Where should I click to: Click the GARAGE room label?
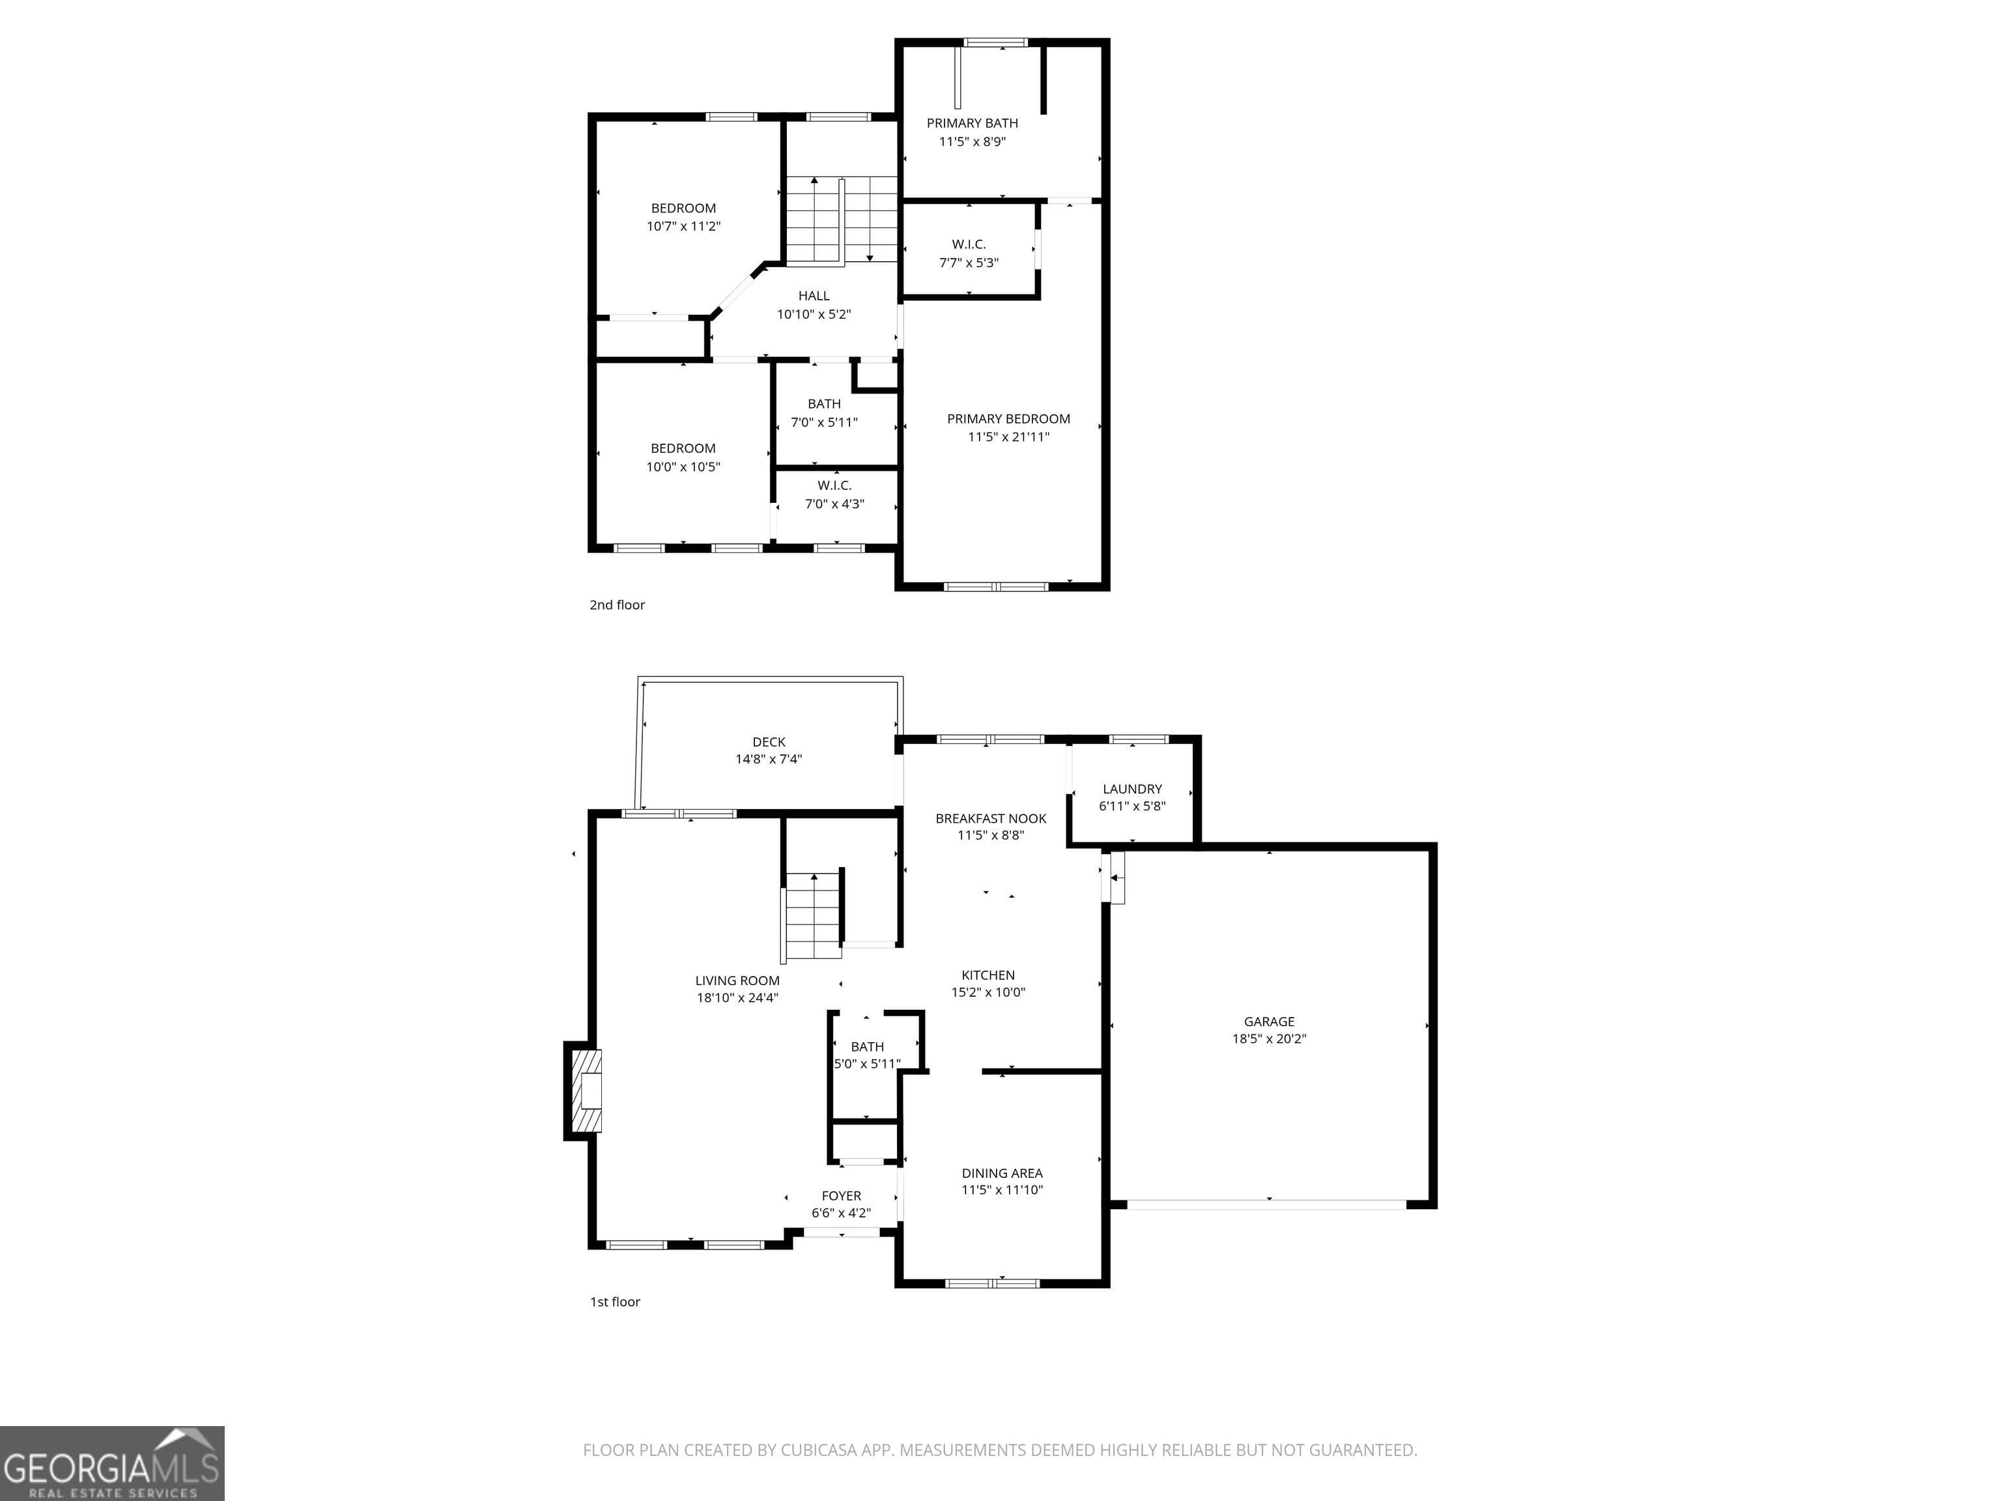point(1268,1022)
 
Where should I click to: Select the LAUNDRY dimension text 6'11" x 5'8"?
point(1131,806)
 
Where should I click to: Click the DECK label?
point(768,742)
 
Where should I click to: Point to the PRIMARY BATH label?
point(972,123)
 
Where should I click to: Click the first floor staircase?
point(814,915)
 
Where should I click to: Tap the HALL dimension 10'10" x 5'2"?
point(814,315)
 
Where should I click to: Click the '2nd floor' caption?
point(617,605)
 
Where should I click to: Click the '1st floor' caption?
point(614,1302)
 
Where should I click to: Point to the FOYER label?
point(840,1196)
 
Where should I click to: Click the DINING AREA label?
point(1001,1173)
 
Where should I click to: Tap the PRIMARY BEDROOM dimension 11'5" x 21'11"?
point(1008,437)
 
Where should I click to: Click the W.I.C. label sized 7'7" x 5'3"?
point(968,244)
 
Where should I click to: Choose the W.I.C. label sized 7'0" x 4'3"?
point(834,486)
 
